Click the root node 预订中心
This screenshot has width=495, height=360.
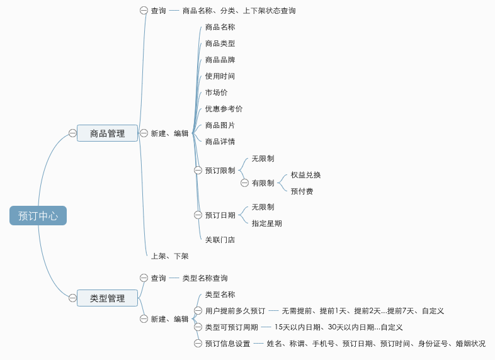tap(38, 215)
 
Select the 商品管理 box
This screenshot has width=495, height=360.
tap(107, 133)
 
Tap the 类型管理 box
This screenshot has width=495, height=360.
tap(107, 298)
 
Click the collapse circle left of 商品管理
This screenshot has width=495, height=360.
tap(72, 133)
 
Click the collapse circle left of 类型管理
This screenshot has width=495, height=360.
tap(72, 298)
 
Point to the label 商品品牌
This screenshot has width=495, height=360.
tap(220, 60)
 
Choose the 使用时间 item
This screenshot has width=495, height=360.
tap(220, 76)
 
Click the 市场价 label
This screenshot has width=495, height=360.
tap(216, 93)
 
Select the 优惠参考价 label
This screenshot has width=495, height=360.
tap(224, 109)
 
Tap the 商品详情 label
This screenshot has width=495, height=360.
tap(220, 142)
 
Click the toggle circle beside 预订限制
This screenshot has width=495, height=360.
tap(198, 171)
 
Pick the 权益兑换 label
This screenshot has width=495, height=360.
tap(305, 175)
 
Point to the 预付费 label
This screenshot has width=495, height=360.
tap(302, 191)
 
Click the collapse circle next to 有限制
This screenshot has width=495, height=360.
tap(244, 183)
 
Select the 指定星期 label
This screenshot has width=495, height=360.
tap(267, 223)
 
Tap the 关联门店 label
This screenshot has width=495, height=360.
tap(220, 240)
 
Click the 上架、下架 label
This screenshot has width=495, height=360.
tap(170, 256)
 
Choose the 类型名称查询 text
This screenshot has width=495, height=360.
tap(205, 278)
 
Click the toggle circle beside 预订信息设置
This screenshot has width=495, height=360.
tap(198, 343)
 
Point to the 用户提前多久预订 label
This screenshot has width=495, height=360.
tap(235, 311)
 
